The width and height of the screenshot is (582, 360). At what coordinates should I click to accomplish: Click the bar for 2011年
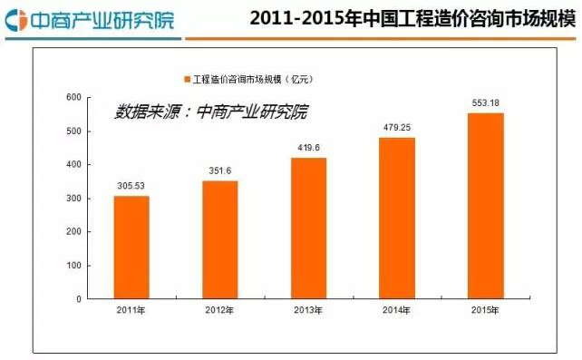pos(131,247)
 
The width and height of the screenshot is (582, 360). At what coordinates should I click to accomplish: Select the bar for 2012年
pos(220,239)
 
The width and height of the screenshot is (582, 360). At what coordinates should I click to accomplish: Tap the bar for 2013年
pos(308,228)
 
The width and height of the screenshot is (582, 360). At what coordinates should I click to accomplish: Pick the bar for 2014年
pos(397,218)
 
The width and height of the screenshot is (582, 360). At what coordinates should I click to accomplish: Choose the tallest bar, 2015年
pos(485,206)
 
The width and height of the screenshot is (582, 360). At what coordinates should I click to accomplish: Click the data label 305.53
pos(131,186)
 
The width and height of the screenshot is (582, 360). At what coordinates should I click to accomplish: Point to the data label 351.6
pos(220,171)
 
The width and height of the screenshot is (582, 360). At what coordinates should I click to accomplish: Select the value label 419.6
pos(308,148)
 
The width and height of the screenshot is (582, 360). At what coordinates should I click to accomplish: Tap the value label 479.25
pos(397,128)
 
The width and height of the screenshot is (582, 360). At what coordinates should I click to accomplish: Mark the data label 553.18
pos(485,103)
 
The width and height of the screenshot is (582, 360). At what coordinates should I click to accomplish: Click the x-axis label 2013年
pos(308,311)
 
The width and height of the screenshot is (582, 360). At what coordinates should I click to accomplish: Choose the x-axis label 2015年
pos(485,311)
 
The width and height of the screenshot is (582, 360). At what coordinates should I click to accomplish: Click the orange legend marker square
pos(186,79)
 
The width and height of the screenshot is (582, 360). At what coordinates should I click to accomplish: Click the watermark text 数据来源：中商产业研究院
pos(211,112)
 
